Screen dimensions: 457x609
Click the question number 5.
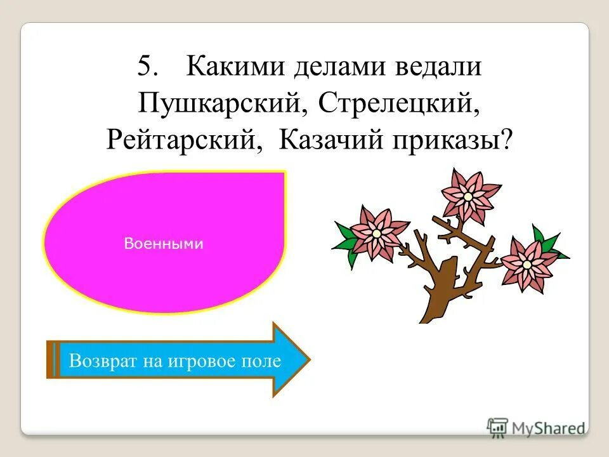[x=148, y=67]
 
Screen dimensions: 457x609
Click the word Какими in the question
[x=231, y=67]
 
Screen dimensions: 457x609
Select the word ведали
[x=440, y=67]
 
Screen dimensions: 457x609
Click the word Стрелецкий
[x=398, y=103]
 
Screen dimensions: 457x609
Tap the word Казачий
[x=321, y=138]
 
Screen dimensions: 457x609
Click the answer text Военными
[x=164, y=244]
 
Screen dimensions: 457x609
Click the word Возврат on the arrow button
[x=101, y=361]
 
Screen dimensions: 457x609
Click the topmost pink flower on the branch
[x=467, y=195]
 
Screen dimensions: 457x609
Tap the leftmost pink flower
[x=376, y=232]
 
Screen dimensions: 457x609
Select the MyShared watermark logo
[x=537, y=427]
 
